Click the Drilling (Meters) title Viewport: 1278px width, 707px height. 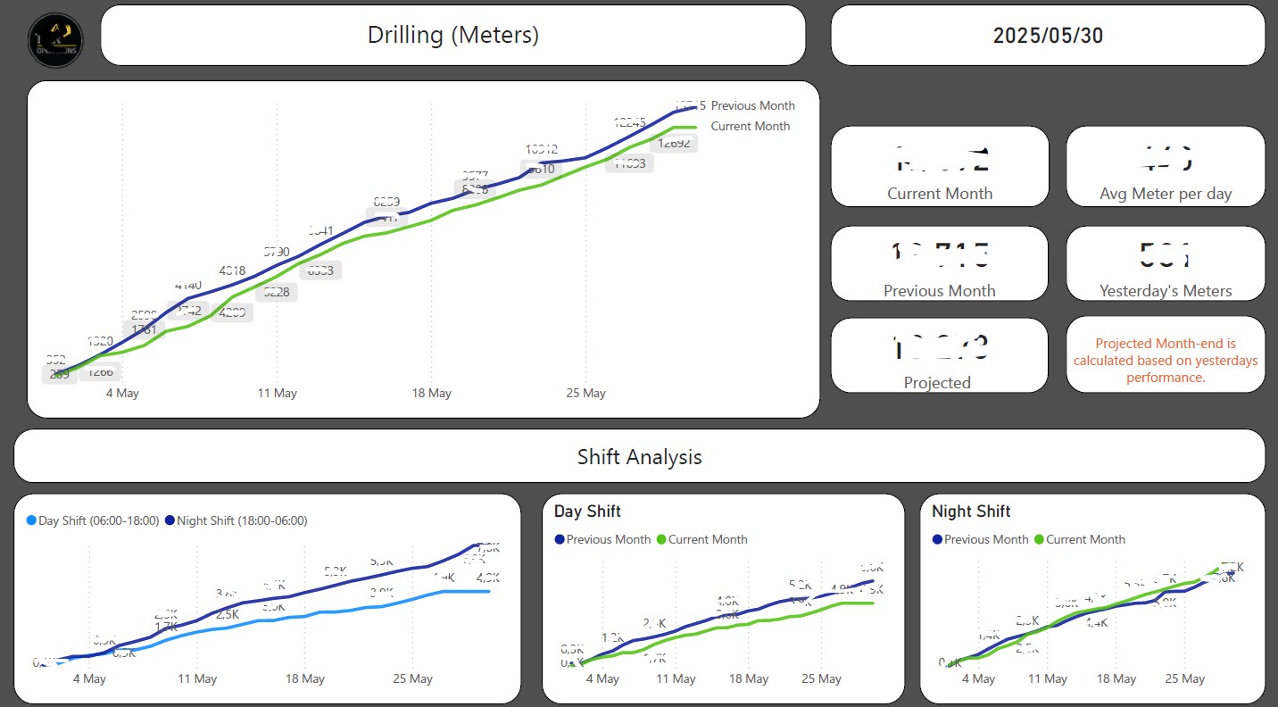point(453,36)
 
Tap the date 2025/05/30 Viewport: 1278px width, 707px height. point(1048,36)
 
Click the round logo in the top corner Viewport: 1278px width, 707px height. point(55,39)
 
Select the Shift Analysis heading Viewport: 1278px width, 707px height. point(639,457)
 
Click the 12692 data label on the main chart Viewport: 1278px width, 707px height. point(673,143)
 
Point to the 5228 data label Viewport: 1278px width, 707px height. point(276,292)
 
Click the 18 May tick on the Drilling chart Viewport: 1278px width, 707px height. point(431,393)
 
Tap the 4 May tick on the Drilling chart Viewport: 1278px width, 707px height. point(122,393)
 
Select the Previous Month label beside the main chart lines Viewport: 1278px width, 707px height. point(752,105)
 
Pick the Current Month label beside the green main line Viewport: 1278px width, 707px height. point(750,126)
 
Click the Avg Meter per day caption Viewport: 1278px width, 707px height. point(1166,194)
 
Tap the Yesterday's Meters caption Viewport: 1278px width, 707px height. point(1166,290)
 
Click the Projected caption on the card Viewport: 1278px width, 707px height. point(937,382)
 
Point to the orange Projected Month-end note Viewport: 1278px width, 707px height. point(1166,361)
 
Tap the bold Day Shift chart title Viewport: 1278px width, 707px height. point(587,512)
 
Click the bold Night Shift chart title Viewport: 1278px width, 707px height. point(971,512)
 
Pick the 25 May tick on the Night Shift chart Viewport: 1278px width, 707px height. point(1184,678)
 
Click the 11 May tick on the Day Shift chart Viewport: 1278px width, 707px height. point(676,678)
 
